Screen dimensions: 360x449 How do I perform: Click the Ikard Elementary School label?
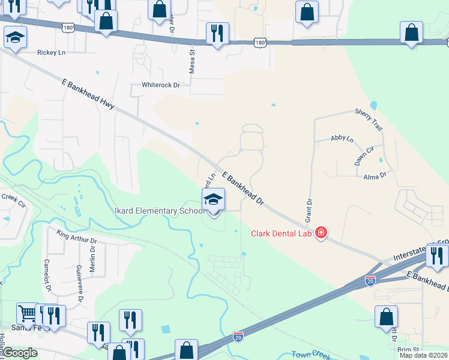pyautogui.click(x=157, y=211)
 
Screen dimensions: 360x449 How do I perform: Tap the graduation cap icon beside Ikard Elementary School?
pyautogui.click(x=212, y=200)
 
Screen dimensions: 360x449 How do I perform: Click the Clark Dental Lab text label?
pyautogui.click(x=282, y=233)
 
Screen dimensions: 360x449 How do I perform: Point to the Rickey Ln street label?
pyautogui.click(x=51, y=52)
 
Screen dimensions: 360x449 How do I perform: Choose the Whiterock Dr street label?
pyautogui.click(x=160, y=85)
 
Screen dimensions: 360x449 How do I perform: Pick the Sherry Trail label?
pyautogui.click(x=369, y=120)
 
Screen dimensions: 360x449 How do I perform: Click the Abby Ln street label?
pyautogui.click(x=342, y=139)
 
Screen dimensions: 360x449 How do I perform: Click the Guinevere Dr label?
pyautogui.click(x=80, y=284)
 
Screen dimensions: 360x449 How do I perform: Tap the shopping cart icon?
pyautogui.click(x=27, y=313)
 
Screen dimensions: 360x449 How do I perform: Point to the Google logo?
pyautogui.click(x=20, y=353)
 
